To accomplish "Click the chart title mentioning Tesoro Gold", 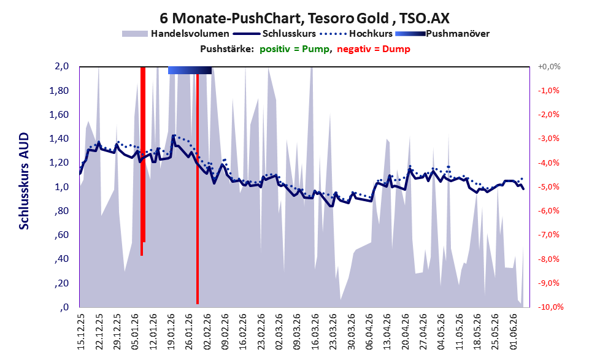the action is [x=304, y=18].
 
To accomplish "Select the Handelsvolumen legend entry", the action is [x=175, y=34].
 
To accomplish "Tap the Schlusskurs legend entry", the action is [x=274, y=34].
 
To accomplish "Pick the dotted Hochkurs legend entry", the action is [x=356, y=34].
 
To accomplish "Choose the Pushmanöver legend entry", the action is [x=442, y=34].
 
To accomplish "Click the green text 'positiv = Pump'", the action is [x=294, y=49].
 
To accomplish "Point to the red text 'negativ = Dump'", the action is [x=374, y=49].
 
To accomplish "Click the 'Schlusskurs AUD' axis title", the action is [x=24, y=181].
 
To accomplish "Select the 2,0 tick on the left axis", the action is [x=61, y=66].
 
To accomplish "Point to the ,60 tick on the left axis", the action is [x=61, y=235].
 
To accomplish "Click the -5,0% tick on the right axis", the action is [x=548, y=187].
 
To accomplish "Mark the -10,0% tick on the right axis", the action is [x=550, y=307].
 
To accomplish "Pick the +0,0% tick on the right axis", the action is [x=549, y=67].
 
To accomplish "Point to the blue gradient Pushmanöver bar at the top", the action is [x=190, y=70].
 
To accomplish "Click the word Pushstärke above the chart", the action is [x=227, y=49].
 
